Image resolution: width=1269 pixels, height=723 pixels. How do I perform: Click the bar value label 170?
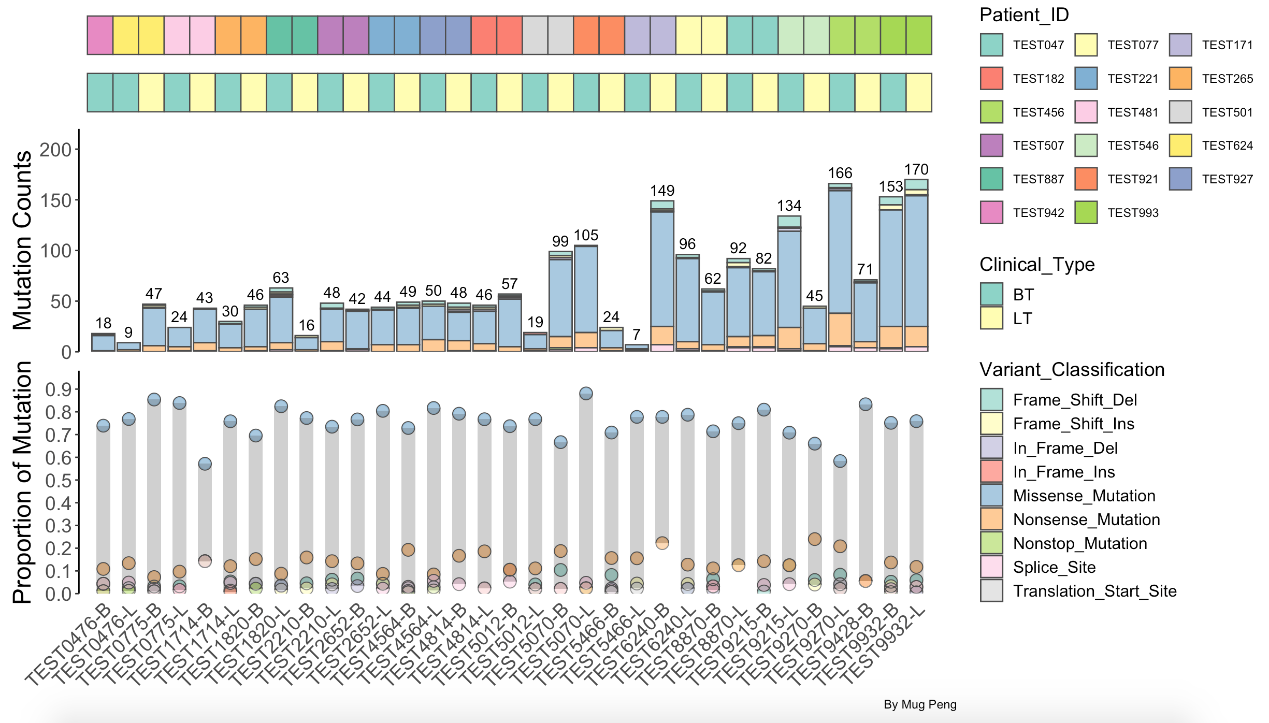916,169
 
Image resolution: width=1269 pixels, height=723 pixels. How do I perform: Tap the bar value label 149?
662,191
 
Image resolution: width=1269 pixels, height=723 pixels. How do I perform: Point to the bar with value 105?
586,298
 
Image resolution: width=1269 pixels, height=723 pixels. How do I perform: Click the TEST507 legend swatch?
991,146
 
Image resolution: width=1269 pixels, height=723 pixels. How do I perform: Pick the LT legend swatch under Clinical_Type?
991,318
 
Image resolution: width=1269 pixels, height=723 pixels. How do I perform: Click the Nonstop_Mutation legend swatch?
991,543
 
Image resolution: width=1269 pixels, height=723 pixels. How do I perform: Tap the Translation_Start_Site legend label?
1094,591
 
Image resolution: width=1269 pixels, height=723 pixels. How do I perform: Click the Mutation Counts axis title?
22,240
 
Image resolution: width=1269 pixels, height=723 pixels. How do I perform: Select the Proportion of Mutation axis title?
22,482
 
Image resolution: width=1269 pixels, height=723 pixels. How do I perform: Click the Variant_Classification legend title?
1072,370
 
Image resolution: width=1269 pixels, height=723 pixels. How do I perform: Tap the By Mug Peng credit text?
920,704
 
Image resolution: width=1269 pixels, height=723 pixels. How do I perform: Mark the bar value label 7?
637,335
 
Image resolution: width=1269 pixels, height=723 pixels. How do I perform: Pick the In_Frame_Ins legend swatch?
991,472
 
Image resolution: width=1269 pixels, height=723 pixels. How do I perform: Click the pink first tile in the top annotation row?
100,35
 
